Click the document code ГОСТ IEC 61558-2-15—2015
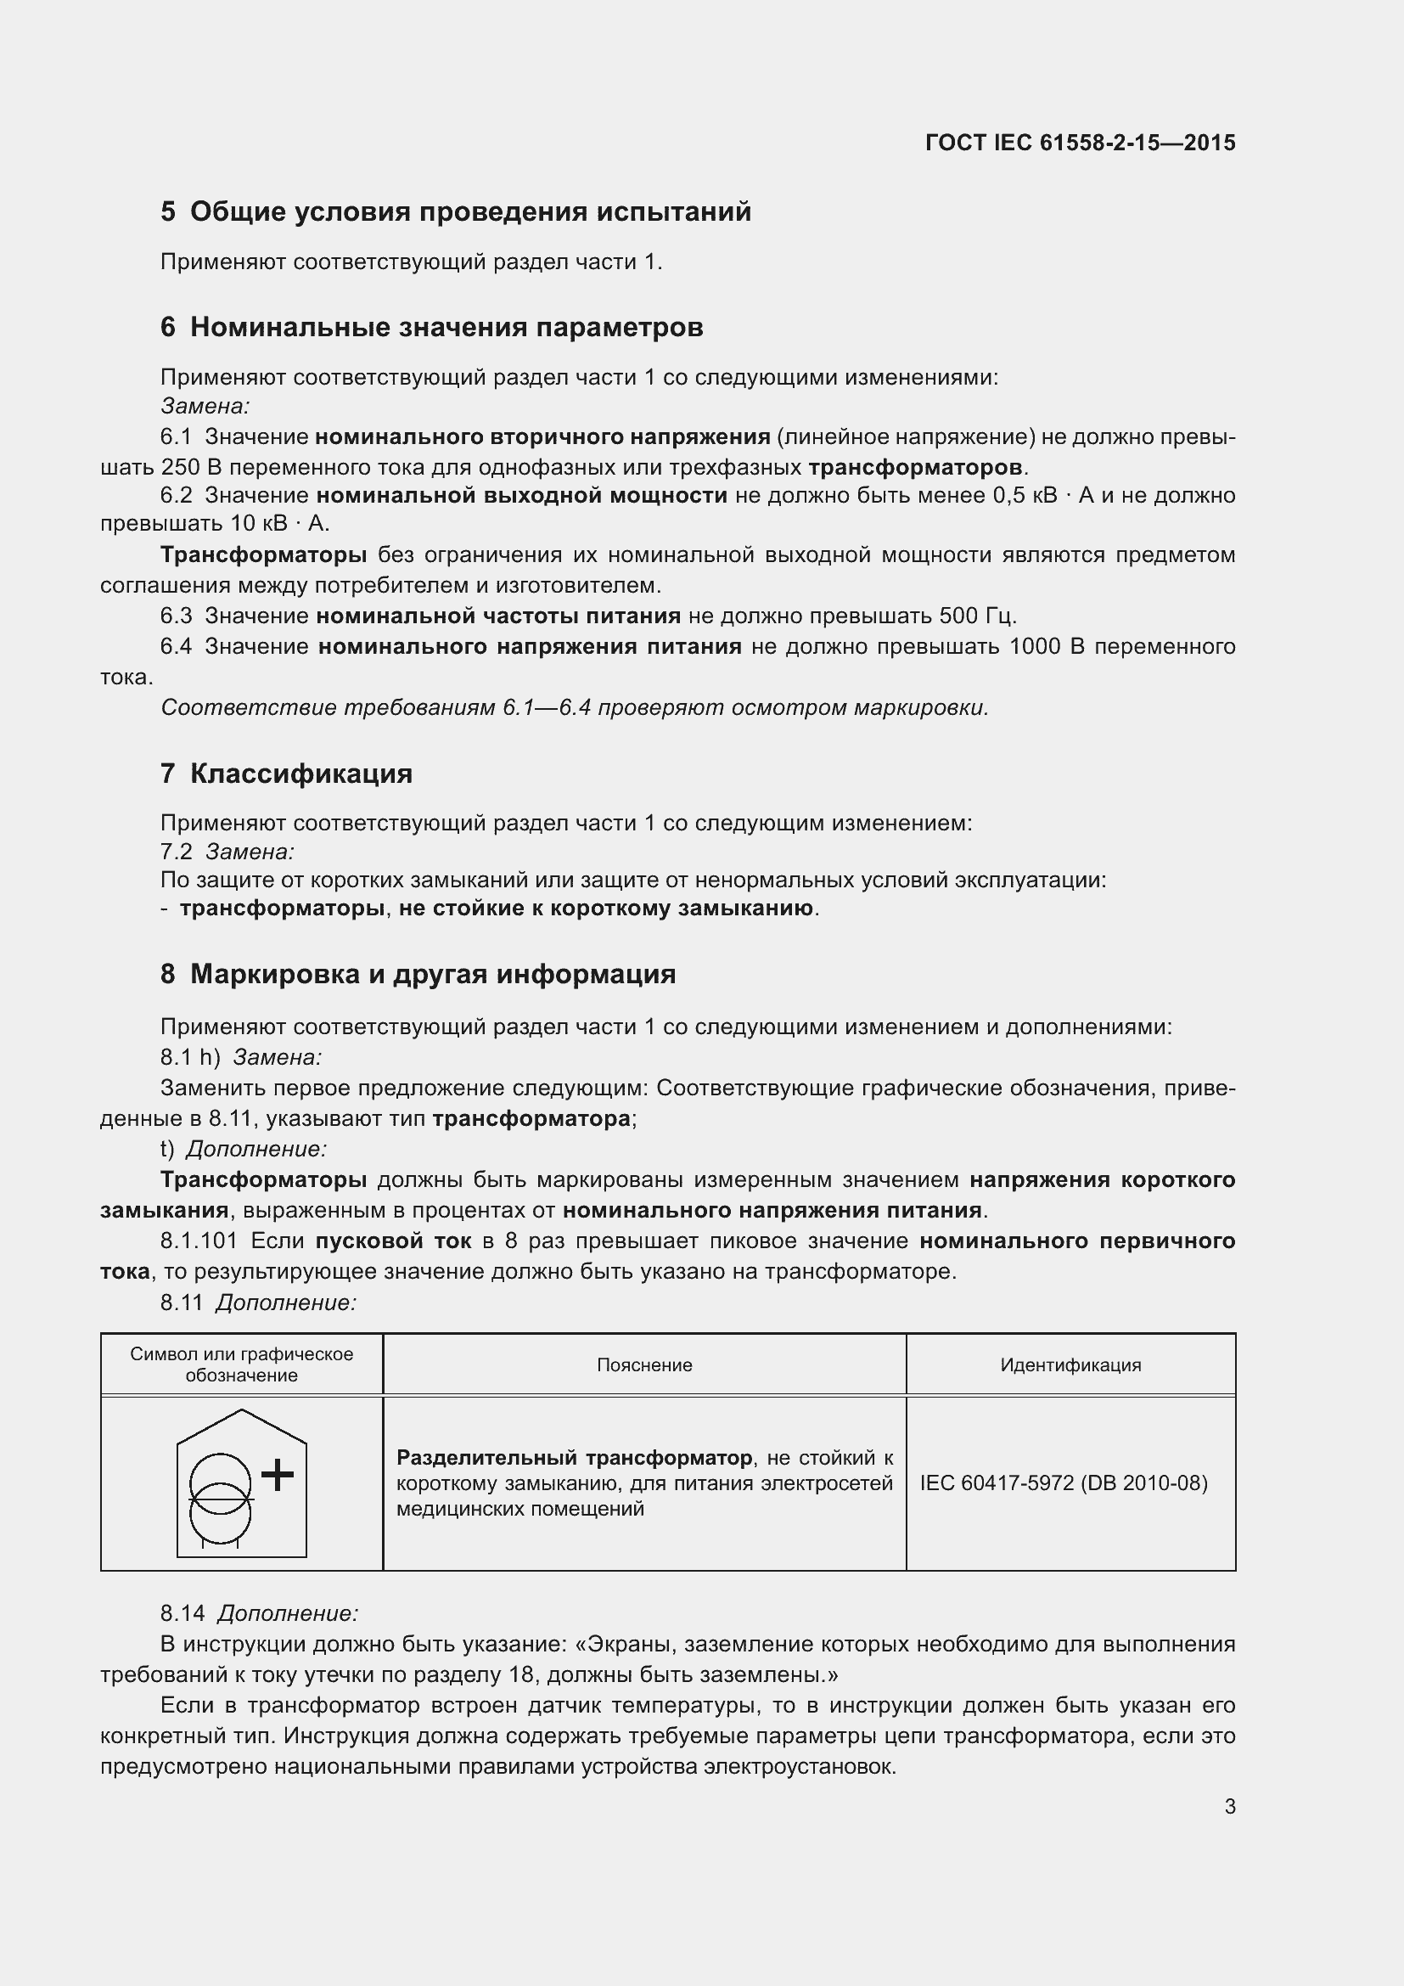1080,143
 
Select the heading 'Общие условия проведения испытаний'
470,212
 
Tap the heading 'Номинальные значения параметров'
446,327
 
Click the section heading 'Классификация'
300,774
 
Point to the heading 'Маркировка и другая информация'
432,974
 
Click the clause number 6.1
177,436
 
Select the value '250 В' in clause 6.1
192,468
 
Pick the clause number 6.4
177,646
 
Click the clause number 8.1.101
199,1241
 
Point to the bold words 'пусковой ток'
393,1241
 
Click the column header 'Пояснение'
644,1365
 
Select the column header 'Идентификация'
1070,1365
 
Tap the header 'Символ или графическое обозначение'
241,1365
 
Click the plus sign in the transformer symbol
278,1475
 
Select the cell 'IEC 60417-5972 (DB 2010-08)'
1064,1482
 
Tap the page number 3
1229,1806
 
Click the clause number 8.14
183,1613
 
